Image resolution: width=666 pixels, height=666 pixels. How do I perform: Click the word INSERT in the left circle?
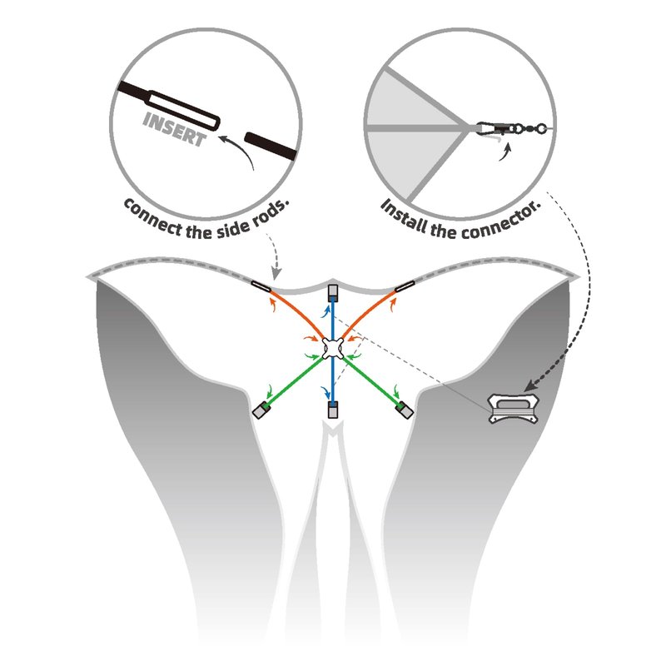[174, 129]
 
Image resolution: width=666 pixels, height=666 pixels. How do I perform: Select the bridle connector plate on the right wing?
[513, 409]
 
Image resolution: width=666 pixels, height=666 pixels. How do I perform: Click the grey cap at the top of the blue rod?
[332, 292]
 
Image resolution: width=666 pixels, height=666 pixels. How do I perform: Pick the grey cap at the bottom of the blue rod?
[332, 409]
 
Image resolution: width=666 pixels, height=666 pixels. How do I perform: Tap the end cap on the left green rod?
[261, 410]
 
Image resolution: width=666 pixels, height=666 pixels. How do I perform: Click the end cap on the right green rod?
[404, 409]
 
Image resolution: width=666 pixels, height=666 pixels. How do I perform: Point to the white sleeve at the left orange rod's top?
[261, 286]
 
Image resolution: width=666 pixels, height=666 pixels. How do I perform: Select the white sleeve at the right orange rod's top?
[405, 286]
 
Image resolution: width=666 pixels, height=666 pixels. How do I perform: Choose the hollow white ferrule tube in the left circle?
[183, 111]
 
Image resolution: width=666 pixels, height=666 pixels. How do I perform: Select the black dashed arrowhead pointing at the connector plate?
[530, 385]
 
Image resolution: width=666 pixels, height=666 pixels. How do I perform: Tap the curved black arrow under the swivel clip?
[505, 152]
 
